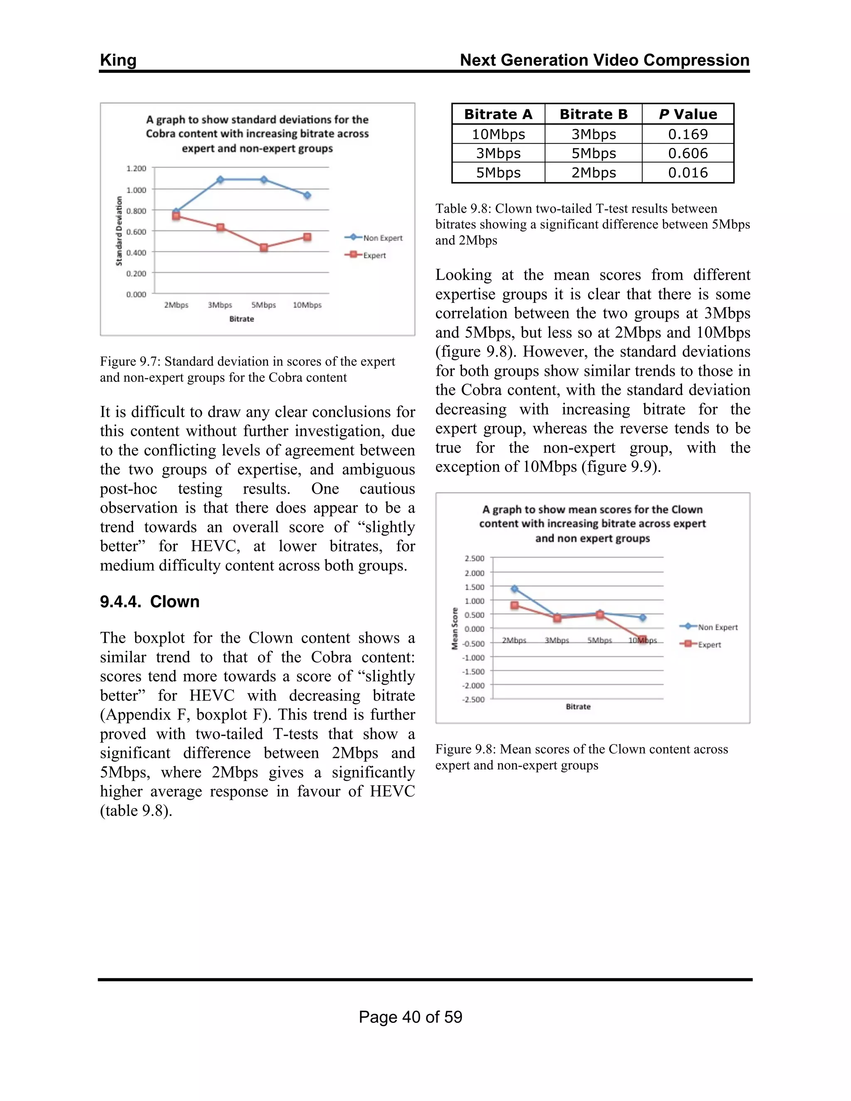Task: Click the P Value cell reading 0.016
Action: (688, 172)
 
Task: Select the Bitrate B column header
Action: (593, 114)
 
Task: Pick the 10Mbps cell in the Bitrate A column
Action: (498, 134)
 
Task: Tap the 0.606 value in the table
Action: (688, 153)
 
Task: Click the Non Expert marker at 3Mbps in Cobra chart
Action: (220, 179)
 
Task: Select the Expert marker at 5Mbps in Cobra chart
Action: (264, 248)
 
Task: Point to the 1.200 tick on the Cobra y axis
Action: (136, 168)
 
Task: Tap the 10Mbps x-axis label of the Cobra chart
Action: (307, 305)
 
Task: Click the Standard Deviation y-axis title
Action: (119, 231)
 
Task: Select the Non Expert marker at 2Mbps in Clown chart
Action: (515, 589)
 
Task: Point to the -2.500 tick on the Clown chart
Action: (473, 699)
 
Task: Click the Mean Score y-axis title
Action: (455, 628)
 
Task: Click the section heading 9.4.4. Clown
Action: (150, 602)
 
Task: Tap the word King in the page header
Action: (118, 60)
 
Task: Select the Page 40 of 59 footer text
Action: (411, 1017)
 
